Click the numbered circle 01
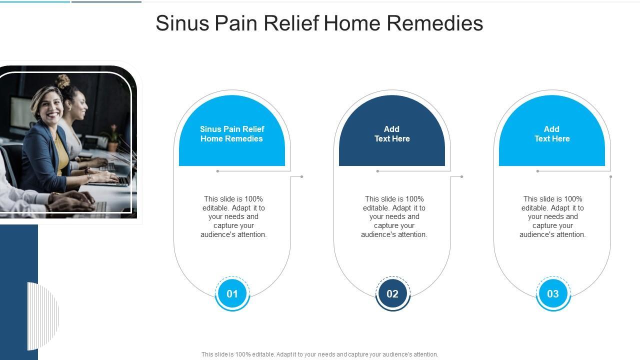pos(232,293)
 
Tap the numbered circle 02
pos(392,293)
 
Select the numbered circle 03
pos(552,293)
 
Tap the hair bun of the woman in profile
pos(62,81)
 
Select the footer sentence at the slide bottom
pos(320,354)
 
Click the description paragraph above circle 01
pos(233,216)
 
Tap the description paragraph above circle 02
pos(394,216)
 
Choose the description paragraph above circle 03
pos(552,216)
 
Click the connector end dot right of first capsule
pos(301,176)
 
